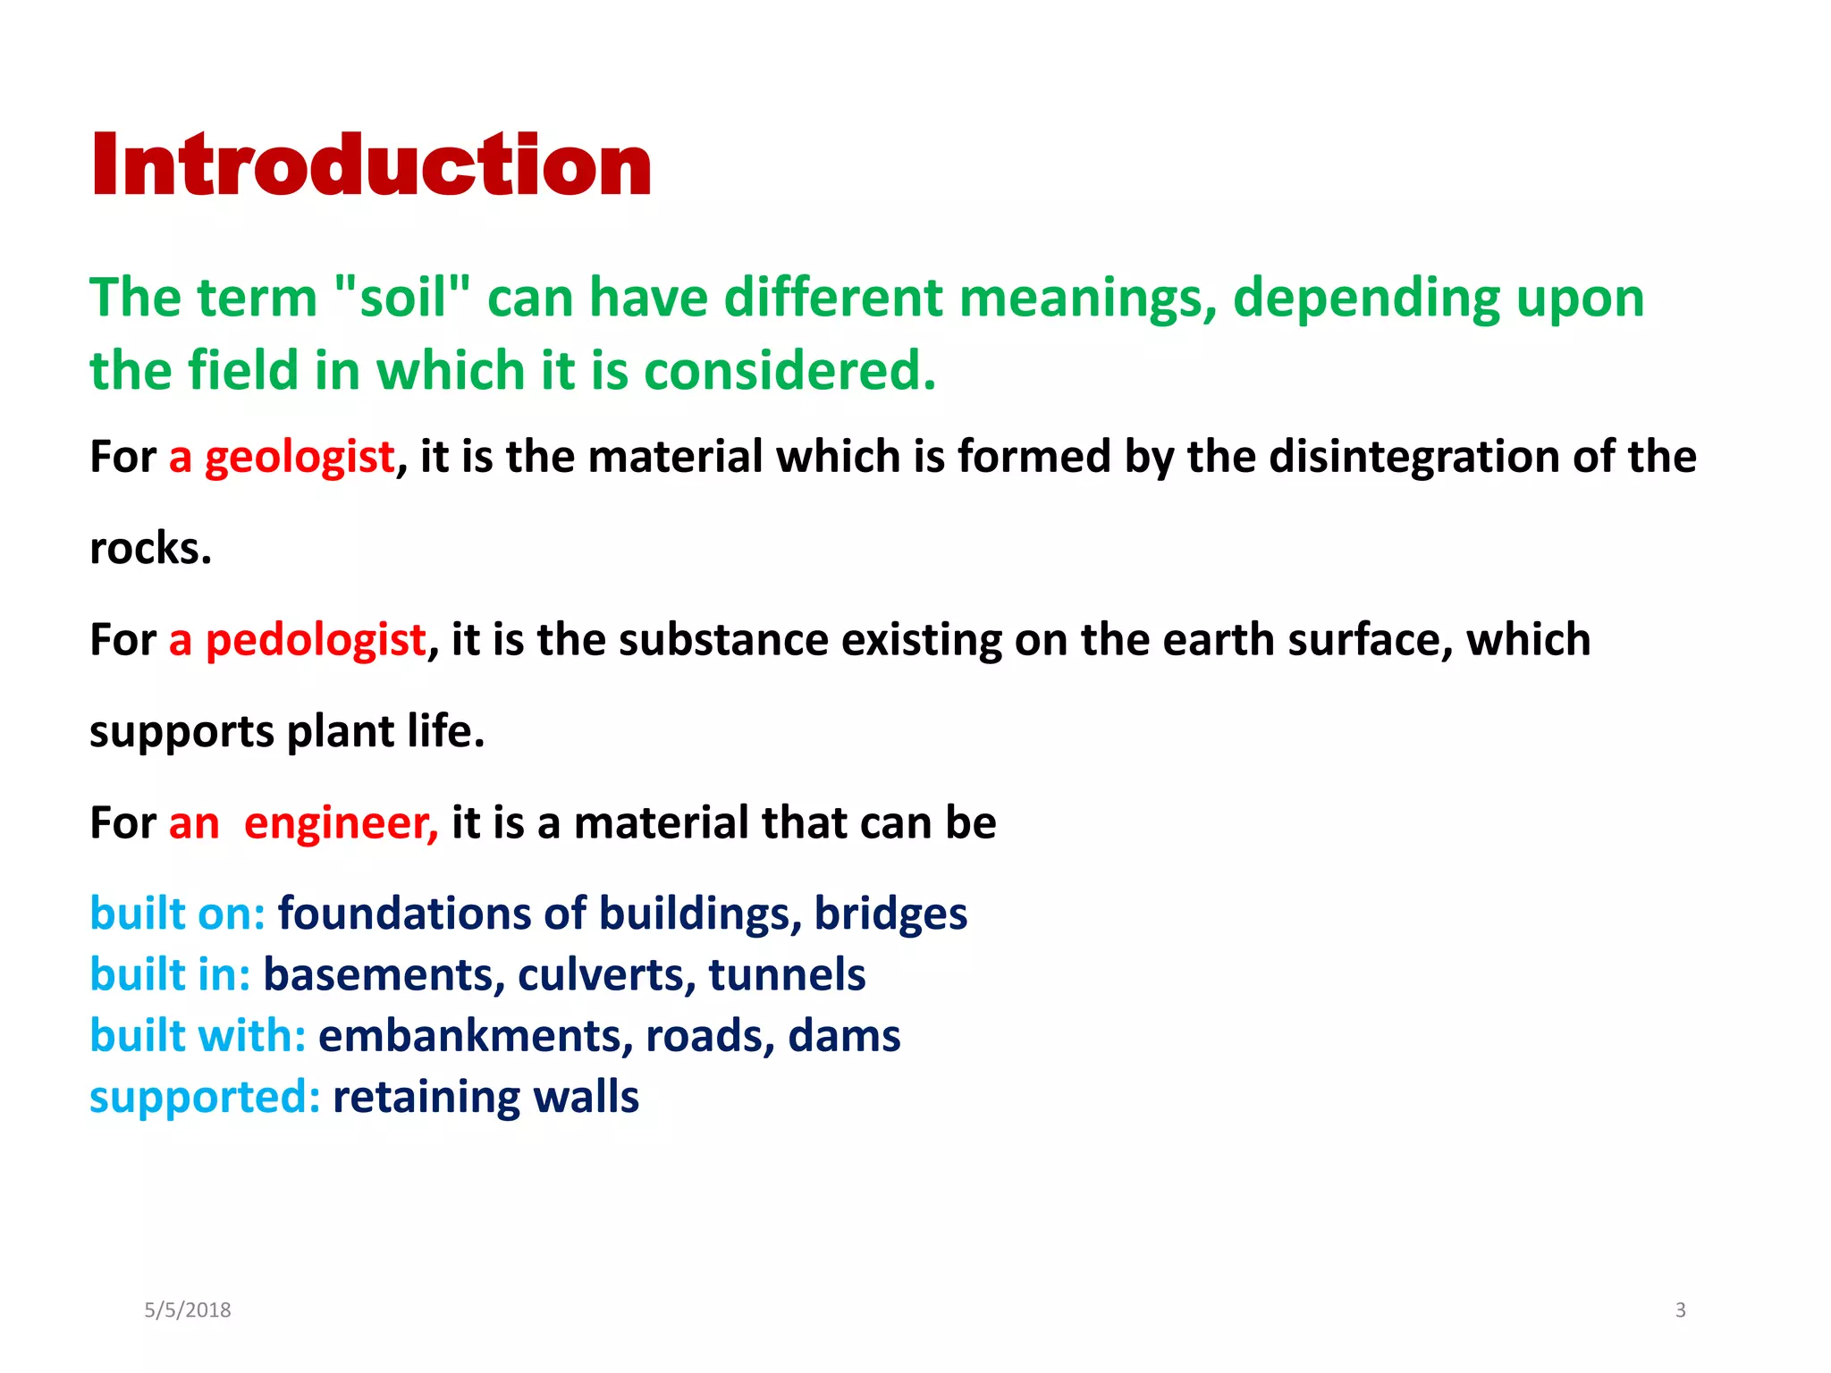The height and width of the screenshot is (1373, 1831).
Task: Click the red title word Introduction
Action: [371, 165]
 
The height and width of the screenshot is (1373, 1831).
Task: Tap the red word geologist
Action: [300, 457]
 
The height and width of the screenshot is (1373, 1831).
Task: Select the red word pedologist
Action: [316, 640]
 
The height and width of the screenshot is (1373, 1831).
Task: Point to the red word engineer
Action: [341, 822]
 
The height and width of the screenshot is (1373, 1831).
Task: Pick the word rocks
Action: [150, 548]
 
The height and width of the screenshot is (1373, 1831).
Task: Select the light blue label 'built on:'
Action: [177, 914]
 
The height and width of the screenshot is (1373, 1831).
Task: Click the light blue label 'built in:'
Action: [170, 974]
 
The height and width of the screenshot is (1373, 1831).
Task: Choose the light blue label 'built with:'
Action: [198, 1035]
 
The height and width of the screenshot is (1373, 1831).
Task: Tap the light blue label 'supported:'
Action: [205, 1097]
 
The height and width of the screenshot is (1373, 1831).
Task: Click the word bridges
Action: [890, 914]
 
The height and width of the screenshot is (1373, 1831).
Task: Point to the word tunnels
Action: [787, 974]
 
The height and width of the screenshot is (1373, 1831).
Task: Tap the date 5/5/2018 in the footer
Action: [188, 1310]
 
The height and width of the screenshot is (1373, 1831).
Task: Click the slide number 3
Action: [1680, 1310]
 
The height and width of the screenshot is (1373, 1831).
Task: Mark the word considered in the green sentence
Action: [789, 370]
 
